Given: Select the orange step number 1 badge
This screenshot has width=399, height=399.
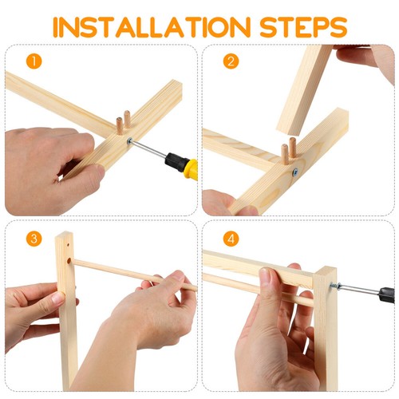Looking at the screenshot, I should (x=32, y=61).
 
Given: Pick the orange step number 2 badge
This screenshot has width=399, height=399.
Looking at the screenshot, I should (x=231, y=61).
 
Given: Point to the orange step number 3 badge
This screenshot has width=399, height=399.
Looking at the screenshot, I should (x=32, y=239).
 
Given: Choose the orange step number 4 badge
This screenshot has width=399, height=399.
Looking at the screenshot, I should (x=231, y=239).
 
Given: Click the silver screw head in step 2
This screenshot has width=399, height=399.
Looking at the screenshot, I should (x=295, y=171).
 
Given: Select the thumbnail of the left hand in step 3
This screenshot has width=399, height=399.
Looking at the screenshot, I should (x=58, y=299).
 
